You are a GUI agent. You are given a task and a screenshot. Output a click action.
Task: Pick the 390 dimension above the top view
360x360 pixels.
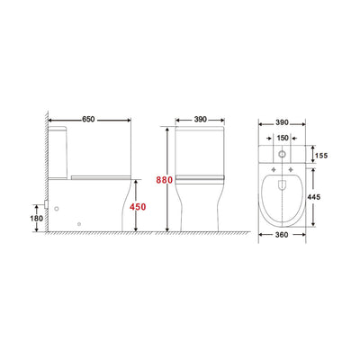282,120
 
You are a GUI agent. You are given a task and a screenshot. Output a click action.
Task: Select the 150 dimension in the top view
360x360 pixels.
283,139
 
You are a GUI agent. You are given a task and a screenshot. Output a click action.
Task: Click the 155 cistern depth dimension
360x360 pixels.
322,155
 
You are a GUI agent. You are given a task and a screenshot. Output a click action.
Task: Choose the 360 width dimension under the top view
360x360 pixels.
283,237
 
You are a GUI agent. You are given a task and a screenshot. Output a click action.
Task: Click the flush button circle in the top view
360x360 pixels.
283,154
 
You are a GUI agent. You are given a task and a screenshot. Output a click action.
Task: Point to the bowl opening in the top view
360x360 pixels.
283,196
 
